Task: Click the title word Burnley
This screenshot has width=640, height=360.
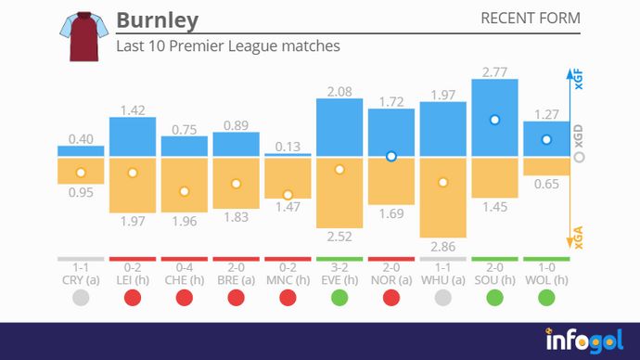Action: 157,20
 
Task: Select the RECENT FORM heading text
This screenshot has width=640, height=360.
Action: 531,19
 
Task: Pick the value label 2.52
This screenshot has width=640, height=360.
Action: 339,238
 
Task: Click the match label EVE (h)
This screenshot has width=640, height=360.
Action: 339,279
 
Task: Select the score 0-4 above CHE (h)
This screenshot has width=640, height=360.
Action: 185,267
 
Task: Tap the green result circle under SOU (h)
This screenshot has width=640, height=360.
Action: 494,298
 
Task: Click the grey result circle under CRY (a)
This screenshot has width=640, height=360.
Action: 81,298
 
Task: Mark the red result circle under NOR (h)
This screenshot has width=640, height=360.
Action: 391,298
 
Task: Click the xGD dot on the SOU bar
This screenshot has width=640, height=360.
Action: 494,120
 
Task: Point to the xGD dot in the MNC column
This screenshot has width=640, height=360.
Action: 288,195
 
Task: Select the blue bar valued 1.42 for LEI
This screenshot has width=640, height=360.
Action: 133,136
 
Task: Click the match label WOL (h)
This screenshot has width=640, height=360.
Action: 546,279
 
